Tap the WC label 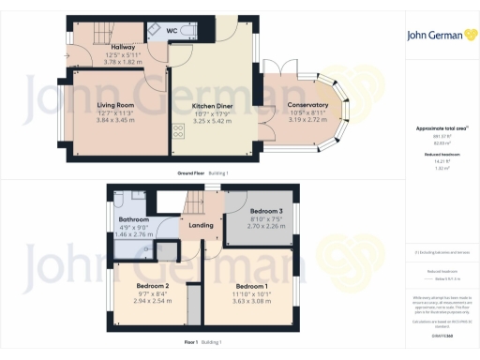tap(172, 31)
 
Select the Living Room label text tap(116, 106)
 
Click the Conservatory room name tap(308, 105)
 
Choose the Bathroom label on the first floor tap(134, 220)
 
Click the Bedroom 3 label tap(258, 212)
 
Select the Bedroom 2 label tap(153, 285)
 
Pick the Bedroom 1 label tap(252, 285)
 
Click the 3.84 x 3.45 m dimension tap(116, 121)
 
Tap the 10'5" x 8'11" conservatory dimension tap(308, 113)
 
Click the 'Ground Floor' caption tap(192, 174)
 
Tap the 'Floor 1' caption tap(192, 343)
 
